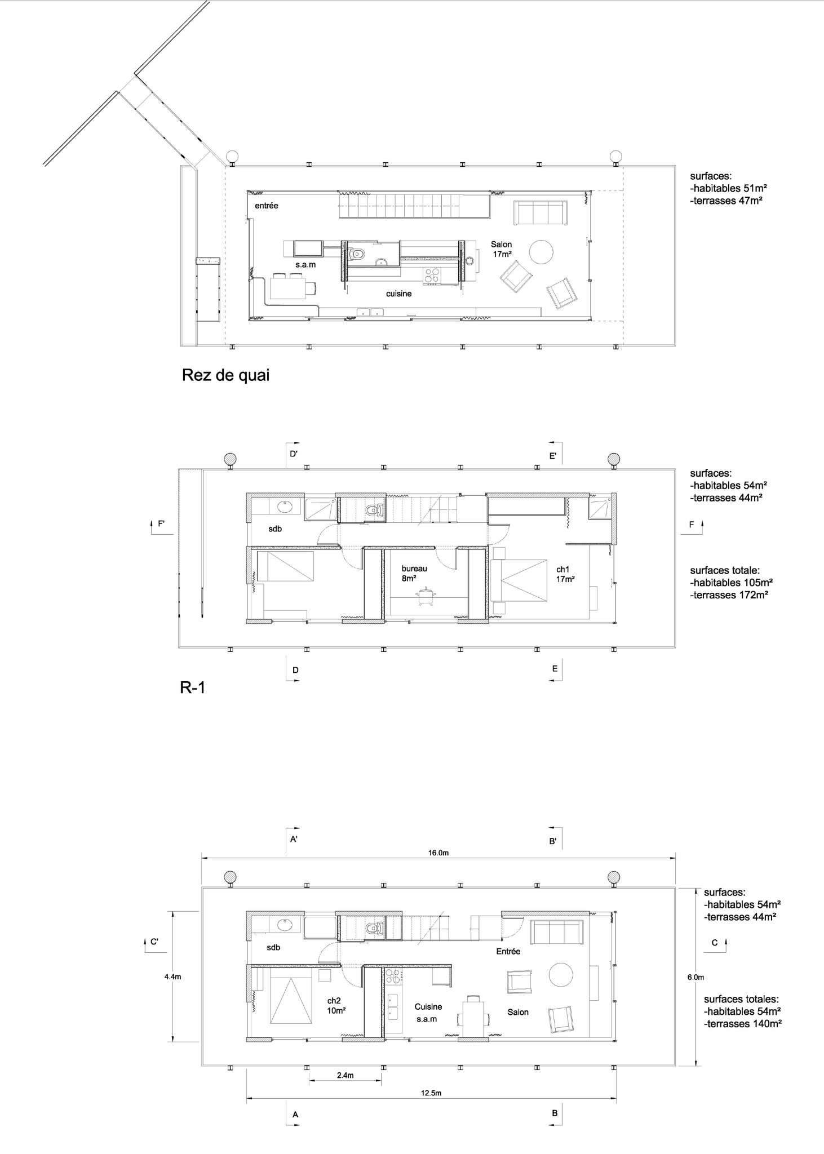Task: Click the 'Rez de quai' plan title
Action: click(x=225, y=375)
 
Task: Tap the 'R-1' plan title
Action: click(x=192, y=687)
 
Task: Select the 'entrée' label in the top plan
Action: click(x=267, y=206)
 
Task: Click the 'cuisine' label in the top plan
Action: click(x=398, y=294)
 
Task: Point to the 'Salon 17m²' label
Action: click(x=501, y=249)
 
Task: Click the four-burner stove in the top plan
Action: click(x=432, y=275)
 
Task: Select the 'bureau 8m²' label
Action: click(x=414, y=573)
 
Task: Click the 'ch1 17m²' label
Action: click(x=565, y=574)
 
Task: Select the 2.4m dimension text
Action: click(x=345, y=1075)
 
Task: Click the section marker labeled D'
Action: click(x=293, y=453)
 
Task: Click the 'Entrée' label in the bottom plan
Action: click(x=508, y=951)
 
